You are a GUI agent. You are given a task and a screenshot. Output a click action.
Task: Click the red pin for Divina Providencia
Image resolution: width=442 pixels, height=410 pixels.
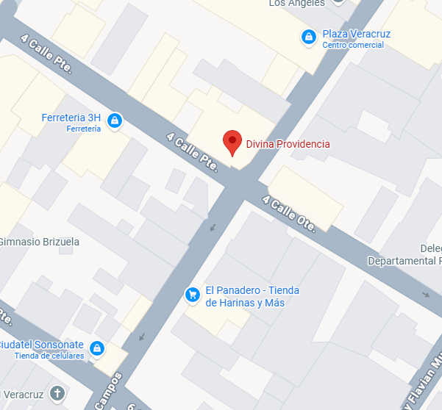(x=232, y=142)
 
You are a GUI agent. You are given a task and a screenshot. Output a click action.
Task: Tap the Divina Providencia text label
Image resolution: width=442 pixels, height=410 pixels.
(x=288, y=144)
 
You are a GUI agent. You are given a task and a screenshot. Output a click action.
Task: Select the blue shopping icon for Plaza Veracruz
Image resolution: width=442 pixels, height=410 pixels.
(x=309, y=36)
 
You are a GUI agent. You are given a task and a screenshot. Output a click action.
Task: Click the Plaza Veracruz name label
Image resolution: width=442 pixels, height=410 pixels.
(x=356, y=34)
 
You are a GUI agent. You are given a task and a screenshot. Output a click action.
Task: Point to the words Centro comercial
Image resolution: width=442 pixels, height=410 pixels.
(x=352, y=45)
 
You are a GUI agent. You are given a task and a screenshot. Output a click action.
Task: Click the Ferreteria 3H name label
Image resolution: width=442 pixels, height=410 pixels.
(x=71, y=118)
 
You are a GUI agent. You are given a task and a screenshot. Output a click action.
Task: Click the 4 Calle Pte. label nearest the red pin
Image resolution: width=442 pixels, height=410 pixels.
(x=193, y=152)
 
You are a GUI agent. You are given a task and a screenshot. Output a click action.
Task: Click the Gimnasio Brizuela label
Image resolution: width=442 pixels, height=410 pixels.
(x=38, y=242)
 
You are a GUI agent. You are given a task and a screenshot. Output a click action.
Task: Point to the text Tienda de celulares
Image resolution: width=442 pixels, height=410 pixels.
(x=49, y=356)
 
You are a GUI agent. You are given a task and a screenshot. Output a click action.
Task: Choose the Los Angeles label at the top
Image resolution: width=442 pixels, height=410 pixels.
(x=296, y=3)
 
